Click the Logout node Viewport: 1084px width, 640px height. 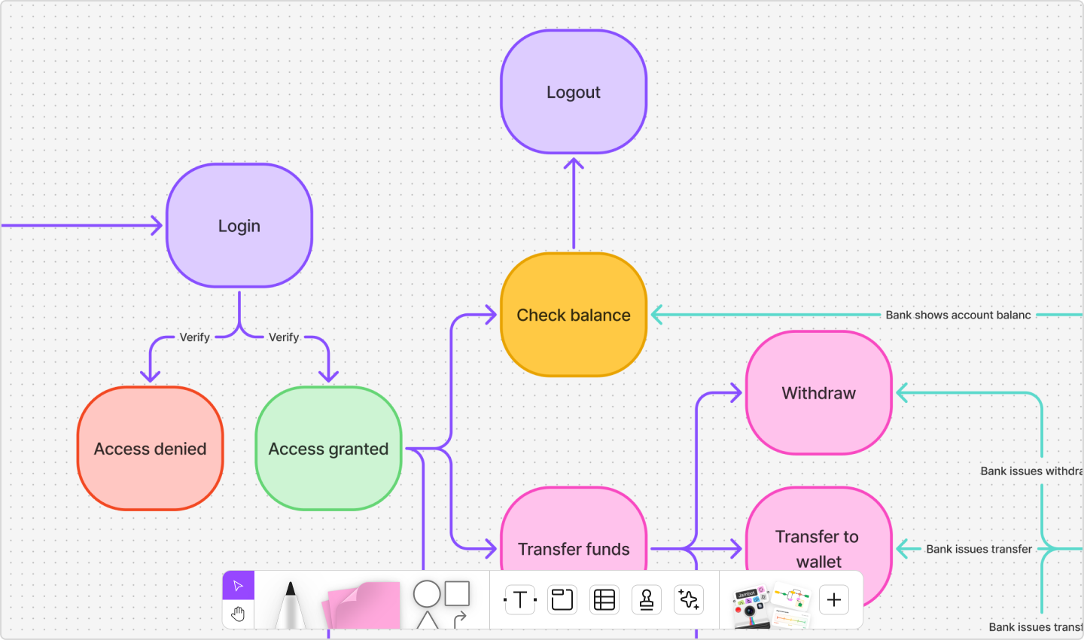[574, 92]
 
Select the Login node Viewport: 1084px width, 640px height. [239, 226]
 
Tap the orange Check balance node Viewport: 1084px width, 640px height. [574, 315]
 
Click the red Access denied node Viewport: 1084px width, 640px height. [151, 449]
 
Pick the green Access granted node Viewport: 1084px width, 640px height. [329, 449]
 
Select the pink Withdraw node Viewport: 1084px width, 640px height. [819, 393]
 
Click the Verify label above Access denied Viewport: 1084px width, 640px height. [194, 337]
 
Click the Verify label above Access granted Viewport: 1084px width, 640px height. [284, 337]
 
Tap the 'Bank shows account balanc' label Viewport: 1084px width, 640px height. [958, 315]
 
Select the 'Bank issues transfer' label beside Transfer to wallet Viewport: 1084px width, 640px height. [979, 549]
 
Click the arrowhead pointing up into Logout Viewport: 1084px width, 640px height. [574, 163]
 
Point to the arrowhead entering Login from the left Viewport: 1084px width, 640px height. [157, 225]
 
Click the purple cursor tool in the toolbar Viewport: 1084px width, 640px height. [239, 586]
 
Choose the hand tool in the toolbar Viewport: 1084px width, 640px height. [239, 614]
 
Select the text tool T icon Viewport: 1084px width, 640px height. [519, 600]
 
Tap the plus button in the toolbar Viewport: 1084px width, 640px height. [834, 600]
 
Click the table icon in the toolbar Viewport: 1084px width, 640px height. [604, 600]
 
